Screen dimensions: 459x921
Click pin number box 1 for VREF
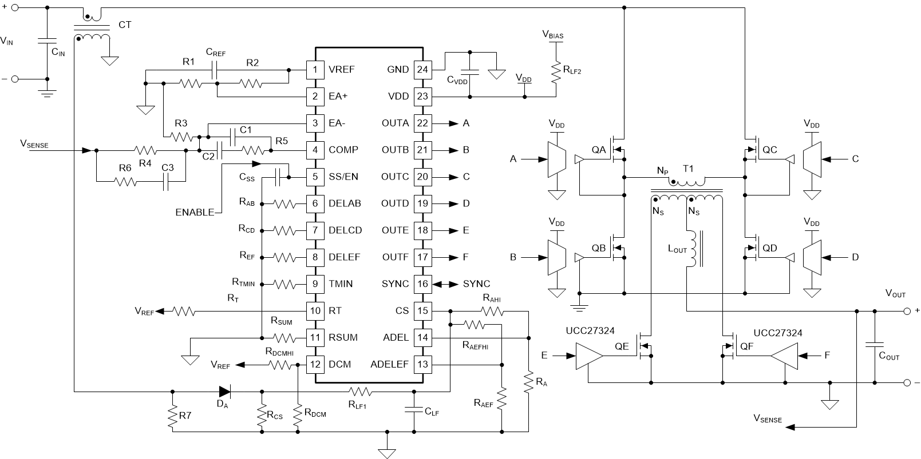coord(315,70)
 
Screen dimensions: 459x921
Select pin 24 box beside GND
coord(422,70)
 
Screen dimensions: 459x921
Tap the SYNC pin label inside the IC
coord(395,284)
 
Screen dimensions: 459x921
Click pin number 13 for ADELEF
coord(422,365)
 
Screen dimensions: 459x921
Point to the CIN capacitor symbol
coord(46,41)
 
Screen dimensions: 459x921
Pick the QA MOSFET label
coord(599,150)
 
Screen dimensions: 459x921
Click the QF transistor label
coord(746,346)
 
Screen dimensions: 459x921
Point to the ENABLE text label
coord(195,212)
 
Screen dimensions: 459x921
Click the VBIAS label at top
coord(553,35)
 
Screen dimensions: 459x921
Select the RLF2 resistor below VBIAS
coord(554,71)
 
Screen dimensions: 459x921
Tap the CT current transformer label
coord(125,25)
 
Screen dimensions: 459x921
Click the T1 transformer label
coord(688,169)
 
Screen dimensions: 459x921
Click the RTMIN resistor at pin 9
coord(284,284)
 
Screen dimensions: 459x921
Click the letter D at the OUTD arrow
coord(467,203)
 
